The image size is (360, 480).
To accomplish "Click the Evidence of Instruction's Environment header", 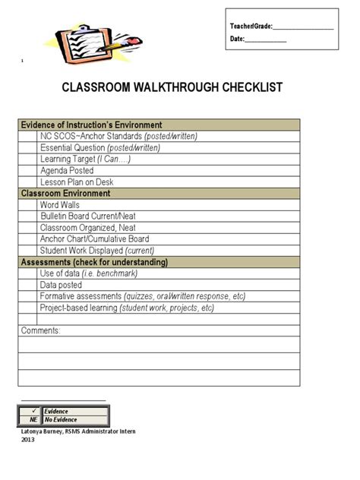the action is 90,125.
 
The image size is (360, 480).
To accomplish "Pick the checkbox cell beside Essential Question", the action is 28,148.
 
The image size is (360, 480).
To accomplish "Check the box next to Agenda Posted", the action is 28,171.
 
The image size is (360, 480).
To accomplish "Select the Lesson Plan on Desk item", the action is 76,182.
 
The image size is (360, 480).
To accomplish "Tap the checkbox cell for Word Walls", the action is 28,205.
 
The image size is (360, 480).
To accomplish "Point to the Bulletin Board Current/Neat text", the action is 88,216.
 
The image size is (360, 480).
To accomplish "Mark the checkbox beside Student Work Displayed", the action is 28,251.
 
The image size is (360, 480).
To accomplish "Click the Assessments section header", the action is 94,262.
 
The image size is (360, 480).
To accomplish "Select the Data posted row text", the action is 61,285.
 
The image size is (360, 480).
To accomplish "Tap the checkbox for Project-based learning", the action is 28,308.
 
